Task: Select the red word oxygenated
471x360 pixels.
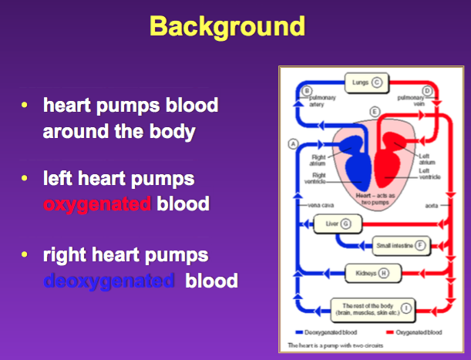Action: pos(98,204)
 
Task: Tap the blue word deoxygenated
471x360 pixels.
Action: pos(109,281)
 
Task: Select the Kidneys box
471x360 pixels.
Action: pos(362,272)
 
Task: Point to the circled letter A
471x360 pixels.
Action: pos(293,143)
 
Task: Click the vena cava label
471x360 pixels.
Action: pos(312,206)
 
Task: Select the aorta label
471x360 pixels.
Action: pos(432,206)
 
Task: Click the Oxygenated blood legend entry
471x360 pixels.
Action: pos(418,332)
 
